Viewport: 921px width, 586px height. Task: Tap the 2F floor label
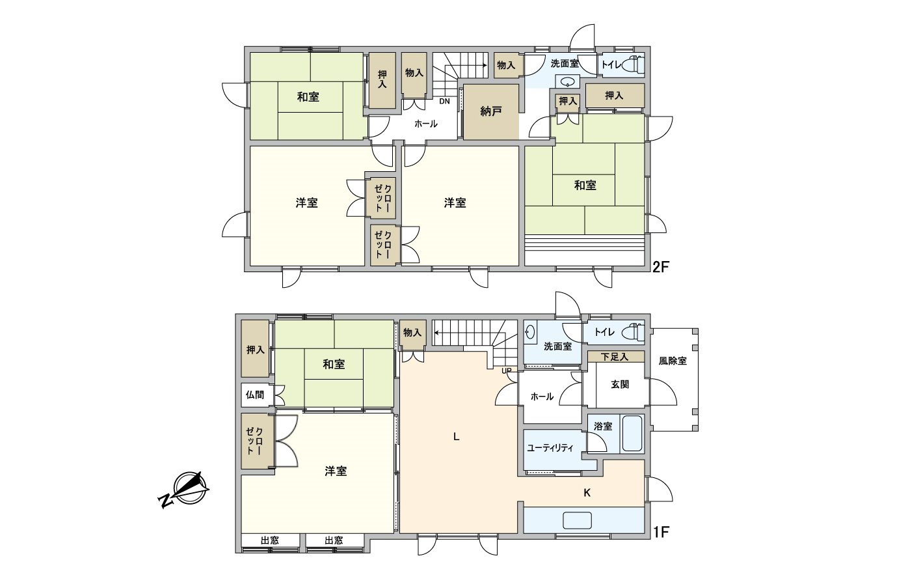(661, 267)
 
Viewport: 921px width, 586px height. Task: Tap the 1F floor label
(661, 532)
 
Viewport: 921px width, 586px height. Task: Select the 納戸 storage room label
(491, 111)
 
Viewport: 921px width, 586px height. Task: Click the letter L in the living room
(457, 437)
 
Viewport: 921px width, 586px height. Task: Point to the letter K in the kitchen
(587, 493)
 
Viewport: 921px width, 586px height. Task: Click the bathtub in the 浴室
(632, 434)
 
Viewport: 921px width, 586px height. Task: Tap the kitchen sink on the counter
(577, 520)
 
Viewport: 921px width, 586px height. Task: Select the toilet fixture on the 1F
(633, 332)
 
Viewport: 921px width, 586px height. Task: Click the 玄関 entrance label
(620, 384)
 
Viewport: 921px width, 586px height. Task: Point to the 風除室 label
(673, 360)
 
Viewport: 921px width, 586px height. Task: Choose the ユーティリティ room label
(550, 447)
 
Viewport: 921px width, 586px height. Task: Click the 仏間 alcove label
(255, 395)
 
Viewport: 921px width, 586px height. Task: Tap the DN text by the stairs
(444, 102)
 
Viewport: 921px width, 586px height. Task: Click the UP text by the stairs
(507, 371)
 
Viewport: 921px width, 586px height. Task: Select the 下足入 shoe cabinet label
(614, 357)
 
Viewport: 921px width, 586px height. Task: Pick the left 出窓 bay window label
(270, 540)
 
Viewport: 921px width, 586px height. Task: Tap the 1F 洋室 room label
(336, 471)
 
